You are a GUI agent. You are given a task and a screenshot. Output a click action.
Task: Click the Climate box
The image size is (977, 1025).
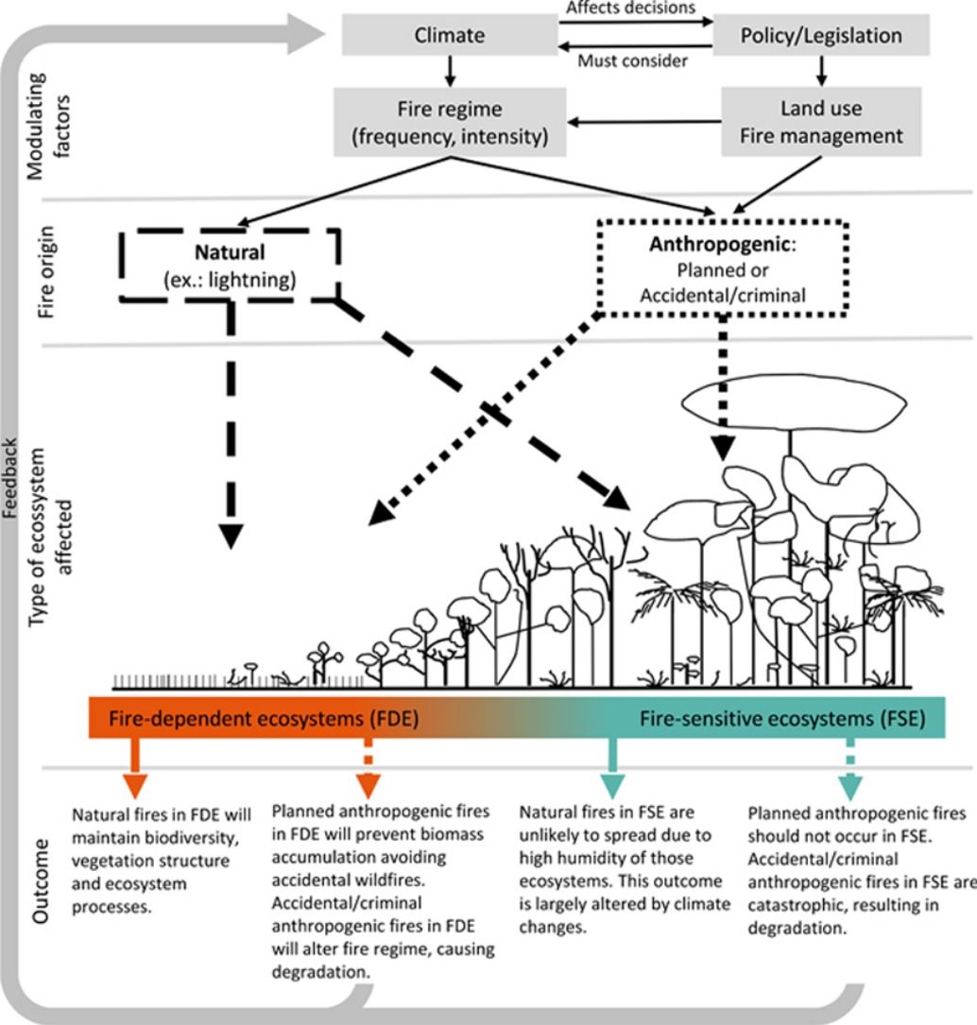[450, 35]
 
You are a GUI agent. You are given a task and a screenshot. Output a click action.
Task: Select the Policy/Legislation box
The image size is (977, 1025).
[821, 35]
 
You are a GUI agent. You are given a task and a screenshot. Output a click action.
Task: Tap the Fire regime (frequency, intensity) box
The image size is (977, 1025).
[450, 122]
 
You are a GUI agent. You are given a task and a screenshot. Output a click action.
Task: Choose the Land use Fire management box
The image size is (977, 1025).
[821, 122]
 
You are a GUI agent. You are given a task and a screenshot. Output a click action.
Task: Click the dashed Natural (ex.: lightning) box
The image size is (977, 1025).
[230, 265]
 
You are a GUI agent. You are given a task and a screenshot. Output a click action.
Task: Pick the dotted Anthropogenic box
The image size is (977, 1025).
[723, 268]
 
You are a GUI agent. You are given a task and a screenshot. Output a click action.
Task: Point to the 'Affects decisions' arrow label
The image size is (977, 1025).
[631, 8]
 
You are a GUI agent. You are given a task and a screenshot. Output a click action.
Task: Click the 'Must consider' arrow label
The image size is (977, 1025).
[632, 61]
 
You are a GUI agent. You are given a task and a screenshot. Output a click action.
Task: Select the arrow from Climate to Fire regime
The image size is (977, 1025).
[450, 71]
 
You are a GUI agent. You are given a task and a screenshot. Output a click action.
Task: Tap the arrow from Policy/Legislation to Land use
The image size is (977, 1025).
[821, 71]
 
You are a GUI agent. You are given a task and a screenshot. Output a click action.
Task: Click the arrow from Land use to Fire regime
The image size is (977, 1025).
[644, 122]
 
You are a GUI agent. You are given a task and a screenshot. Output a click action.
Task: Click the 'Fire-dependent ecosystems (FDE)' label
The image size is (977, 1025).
[264, 718]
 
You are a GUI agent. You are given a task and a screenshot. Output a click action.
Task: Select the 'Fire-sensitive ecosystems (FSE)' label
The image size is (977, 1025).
[782, 718]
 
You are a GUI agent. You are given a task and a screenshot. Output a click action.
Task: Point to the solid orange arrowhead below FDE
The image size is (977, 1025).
[135, 786]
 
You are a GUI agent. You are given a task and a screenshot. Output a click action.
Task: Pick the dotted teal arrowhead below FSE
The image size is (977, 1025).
[850, 787]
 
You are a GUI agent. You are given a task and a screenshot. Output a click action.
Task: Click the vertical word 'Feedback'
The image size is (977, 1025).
[9, 478]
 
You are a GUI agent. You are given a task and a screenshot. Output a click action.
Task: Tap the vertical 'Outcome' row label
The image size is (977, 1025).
[41, 880]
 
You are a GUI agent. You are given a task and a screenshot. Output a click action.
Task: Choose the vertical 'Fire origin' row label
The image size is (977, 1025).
[45, 272]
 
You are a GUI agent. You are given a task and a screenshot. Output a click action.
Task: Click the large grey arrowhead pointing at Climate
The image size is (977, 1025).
[306, 35]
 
